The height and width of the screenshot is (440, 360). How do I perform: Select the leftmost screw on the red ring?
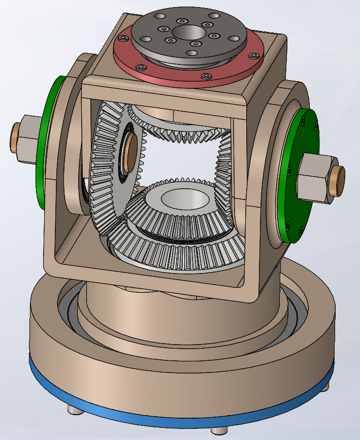[x=122, y=38]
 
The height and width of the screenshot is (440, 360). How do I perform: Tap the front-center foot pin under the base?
[x=218, y=430]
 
